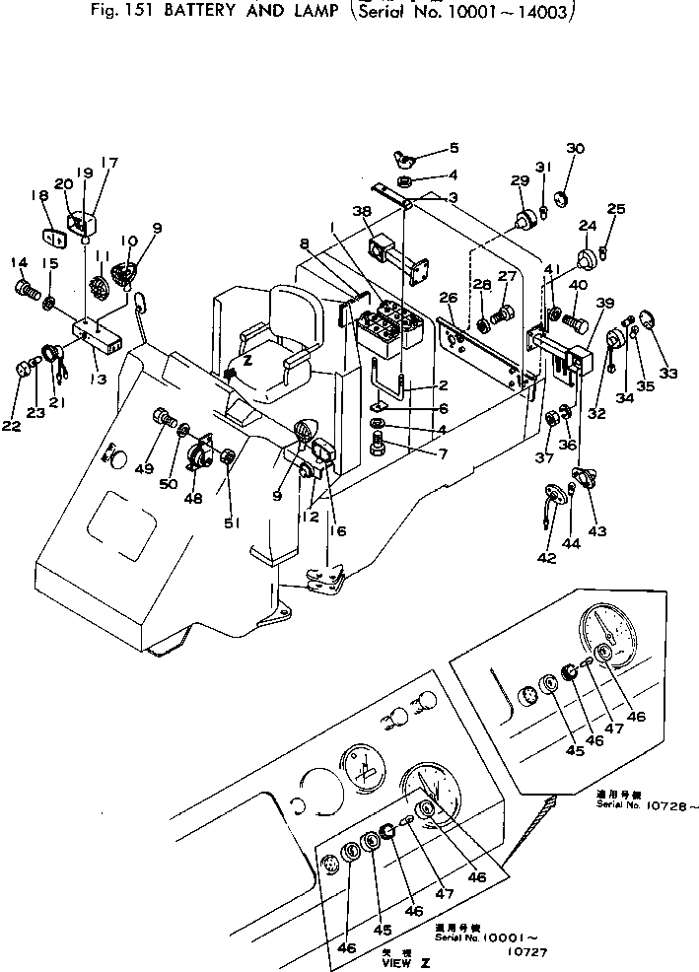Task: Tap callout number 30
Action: click(x=575, y=149)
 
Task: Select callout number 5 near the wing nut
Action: click(x=454, y=149)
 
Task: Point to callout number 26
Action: click(x=448, y=297)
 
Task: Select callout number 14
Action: click(x=17, y=262)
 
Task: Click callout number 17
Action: click(x=108, y=164)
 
